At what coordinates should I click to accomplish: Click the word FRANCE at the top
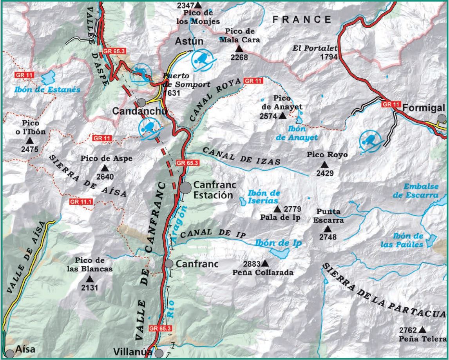point(302,19)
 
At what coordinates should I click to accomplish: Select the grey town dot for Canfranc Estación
point(186,188)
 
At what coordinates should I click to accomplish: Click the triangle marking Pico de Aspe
point(104,167)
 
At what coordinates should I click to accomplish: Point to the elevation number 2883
point(251,263)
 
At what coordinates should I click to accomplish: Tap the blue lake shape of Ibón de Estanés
point(50,78)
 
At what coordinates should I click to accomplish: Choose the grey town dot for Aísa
point(9,354)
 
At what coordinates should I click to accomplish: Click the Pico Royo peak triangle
point(324,165)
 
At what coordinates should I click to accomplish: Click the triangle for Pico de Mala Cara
point(239,49)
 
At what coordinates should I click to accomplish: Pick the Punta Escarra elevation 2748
point(328,236)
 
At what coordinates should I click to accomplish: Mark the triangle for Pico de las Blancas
point(90,279)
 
